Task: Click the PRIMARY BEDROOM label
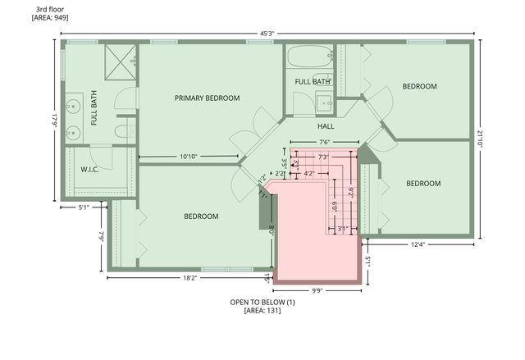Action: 207,98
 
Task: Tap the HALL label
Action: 326,126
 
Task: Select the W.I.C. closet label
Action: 89,170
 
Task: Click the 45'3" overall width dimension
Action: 262,33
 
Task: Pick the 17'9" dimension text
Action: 55,120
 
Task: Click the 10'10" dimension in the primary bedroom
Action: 188,156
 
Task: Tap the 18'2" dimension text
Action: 189,278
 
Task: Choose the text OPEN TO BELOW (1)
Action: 262,303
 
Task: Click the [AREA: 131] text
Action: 262,312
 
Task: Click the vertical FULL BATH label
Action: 94,107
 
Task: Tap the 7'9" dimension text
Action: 101,236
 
